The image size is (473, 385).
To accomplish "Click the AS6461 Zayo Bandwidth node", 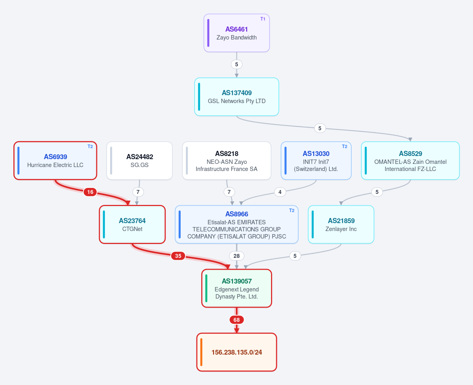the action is coord(237,33).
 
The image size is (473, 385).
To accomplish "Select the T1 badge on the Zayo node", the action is coord(263,19).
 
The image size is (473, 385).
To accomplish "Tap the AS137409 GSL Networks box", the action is coord(237,97).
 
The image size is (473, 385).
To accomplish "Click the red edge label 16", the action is coord(90,192).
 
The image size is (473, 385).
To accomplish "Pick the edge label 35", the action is coord(178,256).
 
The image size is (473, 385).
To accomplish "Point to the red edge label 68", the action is coord(237,320).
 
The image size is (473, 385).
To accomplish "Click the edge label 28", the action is coord(237,256).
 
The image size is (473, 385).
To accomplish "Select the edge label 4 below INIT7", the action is coord(280,192).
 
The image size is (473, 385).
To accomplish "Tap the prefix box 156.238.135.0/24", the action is coord(237,352).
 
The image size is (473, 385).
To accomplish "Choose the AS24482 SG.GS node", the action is coord(139,161).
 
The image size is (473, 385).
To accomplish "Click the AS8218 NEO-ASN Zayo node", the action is coord(226,161).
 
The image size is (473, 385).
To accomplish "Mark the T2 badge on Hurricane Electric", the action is coord(90,146).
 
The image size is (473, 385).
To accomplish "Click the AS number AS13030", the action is coord(316,154).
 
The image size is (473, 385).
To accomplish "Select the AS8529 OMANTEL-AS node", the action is coord(410,161).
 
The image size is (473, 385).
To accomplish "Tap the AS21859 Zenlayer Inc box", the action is coord(341,224).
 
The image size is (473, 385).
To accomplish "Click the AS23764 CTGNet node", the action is coord(133,224).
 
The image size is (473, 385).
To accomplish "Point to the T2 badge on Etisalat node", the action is coord(292,210).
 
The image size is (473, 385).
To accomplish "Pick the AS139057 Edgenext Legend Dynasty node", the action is coord(237,288).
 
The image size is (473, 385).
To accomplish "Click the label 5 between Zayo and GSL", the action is coord(237,64).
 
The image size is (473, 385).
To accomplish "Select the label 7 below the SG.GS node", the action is coord(138,192).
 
